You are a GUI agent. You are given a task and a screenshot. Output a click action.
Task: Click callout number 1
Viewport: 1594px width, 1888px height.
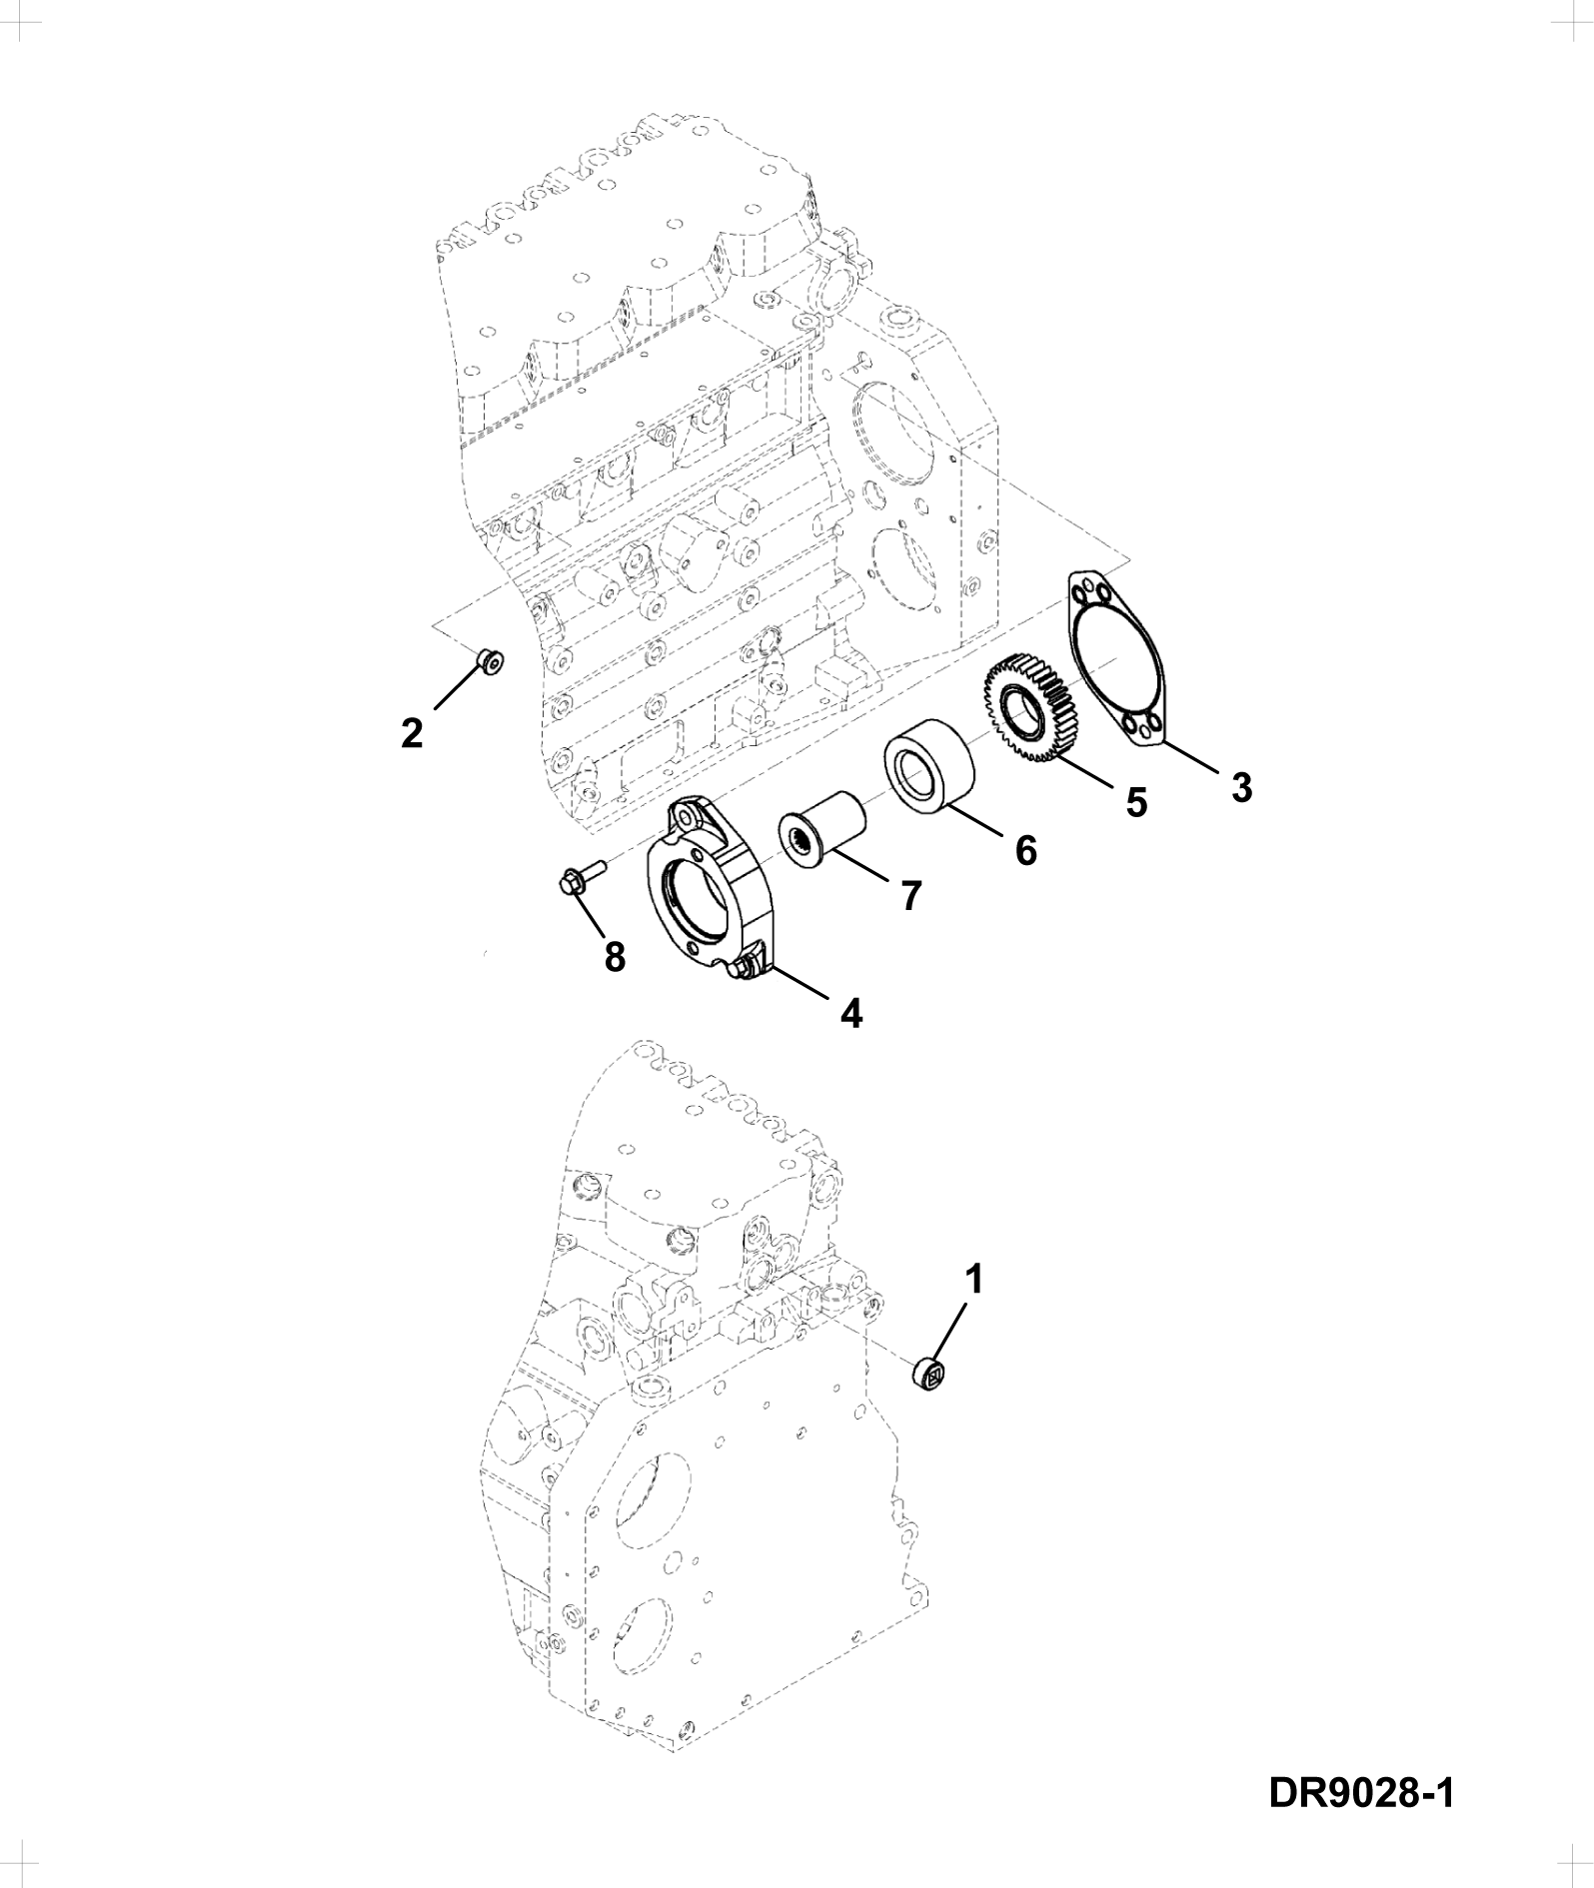click(x=972, y=1279)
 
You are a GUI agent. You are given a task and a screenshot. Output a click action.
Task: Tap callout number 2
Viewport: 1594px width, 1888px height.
click(x=411, y=733)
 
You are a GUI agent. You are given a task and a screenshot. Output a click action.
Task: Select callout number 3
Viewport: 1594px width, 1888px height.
click(x=1240, y=788)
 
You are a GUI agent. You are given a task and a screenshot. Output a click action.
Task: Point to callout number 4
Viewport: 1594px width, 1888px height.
click(x=850, y=1013)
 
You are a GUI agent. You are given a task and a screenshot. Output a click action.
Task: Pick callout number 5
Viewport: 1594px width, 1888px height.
click(x=1136, y=802)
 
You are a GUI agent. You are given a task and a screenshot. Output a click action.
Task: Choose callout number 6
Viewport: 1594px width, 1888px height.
click(x=1025, y=850)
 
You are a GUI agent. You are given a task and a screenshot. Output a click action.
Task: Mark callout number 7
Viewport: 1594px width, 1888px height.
click(x=909, y=896)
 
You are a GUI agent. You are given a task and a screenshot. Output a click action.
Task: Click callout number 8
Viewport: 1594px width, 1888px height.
click(x=615, y=957)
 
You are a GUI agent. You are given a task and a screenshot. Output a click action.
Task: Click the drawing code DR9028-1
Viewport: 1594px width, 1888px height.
click(x=1360, y=1793)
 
